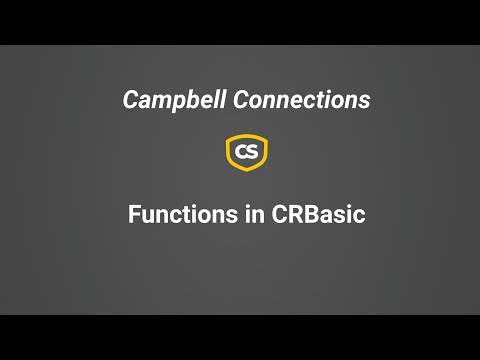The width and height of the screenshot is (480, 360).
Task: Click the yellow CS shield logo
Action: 246,152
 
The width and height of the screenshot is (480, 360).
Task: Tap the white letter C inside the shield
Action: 240,152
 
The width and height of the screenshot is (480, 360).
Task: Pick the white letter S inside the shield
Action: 253,152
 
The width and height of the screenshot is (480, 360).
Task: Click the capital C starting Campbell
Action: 129,100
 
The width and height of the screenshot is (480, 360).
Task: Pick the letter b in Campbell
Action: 183,100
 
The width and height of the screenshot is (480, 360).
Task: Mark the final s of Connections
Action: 365,102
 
